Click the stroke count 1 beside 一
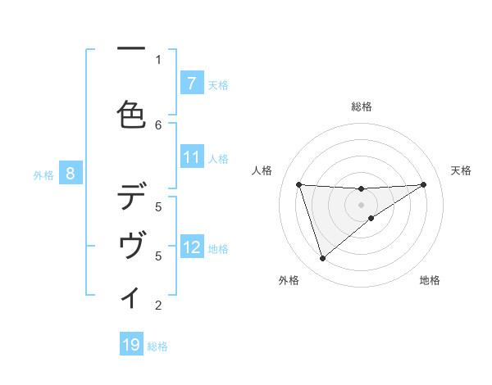(158, 59)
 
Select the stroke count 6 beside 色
(158, 125)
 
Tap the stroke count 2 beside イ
(158, 306)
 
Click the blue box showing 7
(191, 83)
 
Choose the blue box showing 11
(191, 157)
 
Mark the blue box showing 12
(191, 247)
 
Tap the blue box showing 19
(131, 345)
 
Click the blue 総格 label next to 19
(157, 346)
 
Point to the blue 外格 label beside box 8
(43, 174)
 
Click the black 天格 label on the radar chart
(462, 170)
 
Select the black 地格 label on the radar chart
(430, 280)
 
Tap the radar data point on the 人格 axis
(298, 184)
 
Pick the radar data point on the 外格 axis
(322, 259)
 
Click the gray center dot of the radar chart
(361, 204)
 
